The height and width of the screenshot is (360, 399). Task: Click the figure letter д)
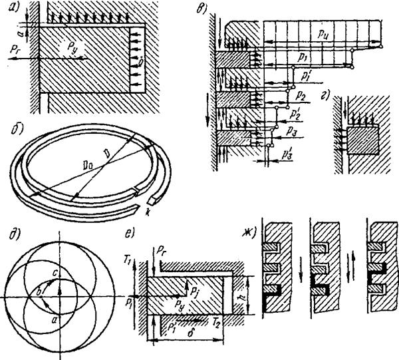click(12, 233)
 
